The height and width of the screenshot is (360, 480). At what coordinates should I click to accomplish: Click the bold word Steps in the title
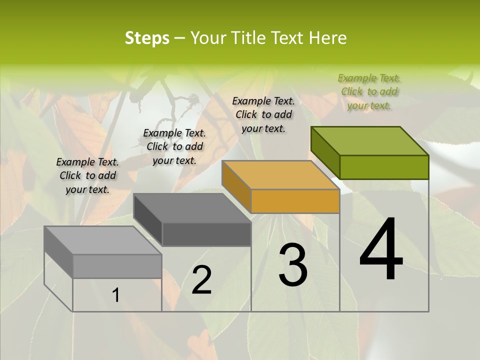[147, 38]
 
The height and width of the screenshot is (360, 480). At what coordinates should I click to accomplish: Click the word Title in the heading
[248, 38]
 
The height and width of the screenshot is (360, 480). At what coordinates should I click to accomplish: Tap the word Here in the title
[327, 38]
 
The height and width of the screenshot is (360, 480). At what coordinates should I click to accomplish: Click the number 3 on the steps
[292, 265]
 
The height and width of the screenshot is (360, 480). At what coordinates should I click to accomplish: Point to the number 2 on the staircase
[201, 280]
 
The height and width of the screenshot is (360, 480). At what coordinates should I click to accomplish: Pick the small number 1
[115, 295]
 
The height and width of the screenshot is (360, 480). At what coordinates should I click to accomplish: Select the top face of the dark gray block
[192, 208]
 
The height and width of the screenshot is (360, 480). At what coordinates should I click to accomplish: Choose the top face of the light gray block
[103, 240]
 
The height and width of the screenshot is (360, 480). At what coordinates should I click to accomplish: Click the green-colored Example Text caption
[369, 91]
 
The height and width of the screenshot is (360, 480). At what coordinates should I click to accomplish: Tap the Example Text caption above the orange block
[263, 114]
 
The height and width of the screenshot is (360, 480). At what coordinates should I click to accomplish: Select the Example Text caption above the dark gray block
[174, 146]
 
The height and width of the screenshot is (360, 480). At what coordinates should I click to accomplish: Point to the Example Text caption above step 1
[87, 175]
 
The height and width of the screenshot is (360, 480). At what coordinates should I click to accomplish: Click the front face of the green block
[384, 167]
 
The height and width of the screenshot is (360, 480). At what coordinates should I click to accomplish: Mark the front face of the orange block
[295, 201]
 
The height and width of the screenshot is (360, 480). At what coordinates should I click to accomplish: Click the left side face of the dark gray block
[148, 220]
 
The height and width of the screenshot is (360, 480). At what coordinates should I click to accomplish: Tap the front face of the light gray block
[117, 266]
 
